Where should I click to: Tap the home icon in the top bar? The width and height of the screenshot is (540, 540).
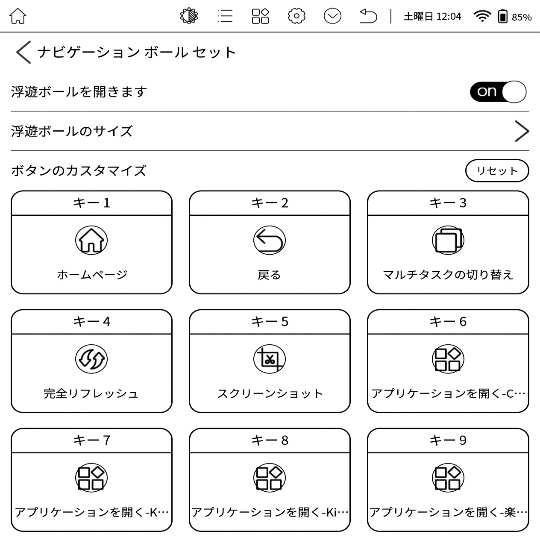[18, 16]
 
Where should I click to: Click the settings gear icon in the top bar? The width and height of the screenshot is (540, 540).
[296, 16]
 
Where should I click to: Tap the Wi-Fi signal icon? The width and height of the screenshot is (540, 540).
[482, 16]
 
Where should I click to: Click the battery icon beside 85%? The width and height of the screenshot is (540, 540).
[503, 17]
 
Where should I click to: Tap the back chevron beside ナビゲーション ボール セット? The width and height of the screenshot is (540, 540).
[23, 52]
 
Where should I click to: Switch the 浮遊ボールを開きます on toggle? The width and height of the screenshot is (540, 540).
[498, 92]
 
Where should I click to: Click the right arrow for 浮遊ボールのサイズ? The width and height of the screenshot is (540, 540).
[521, 131]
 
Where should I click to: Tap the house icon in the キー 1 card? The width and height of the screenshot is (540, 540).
[91, 240]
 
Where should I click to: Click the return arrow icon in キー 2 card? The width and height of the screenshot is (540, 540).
[270, 240]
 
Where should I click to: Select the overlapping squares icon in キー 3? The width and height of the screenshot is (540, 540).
[448, 240]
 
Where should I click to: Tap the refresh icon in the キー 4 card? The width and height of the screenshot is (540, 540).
[91, 359]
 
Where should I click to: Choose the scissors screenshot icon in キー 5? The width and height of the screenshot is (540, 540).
[270, 359]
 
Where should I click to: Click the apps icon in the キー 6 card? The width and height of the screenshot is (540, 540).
[448, 359]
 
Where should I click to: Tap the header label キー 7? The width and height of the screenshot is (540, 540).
[91, 440]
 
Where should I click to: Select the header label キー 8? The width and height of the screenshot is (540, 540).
[270, 440]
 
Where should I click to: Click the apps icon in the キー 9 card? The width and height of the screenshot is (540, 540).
[448, 478]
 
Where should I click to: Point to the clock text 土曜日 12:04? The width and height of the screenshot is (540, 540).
[432, 17]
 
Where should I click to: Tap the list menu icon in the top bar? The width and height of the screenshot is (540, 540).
[225, 16]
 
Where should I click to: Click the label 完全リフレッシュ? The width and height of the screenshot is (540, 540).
[91, 393]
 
